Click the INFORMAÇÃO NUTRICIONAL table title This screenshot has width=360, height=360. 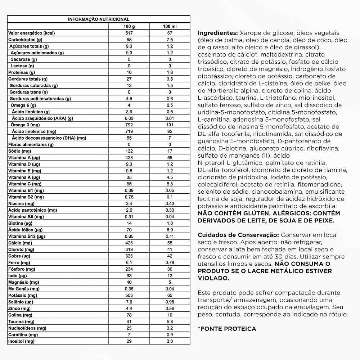point(99,19)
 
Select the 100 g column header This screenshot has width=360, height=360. point(129,26)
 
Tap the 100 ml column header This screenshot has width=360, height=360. point(170,26)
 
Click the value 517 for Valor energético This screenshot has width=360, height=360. point(129,33)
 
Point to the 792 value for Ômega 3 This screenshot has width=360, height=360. point(129,125)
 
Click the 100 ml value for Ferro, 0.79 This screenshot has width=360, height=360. point(170,262)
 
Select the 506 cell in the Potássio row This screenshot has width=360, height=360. point(129,295)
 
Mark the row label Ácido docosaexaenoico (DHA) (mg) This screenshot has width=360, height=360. point(49,138)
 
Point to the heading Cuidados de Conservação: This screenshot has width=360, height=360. point(237,235)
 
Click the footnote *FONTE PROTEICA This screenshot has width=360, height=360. point(227,329)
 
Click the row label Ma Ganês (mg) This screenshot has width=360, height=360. point(24,289)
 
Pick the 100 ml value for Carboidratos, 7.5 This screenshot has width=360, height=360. point(170,40)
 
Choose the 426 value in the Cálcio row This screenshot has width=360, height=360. point(129,243)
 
